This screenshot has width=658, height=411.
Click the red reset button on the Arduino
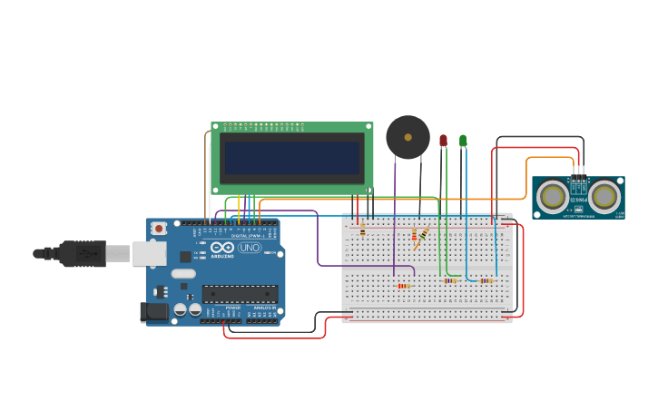[159, 229]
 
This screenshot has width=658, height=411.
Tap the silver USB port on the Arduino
[149, 253]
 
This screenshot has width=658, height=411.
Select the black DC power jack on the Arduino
[154, 312]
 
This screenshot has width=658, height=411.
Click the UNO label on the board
[249, 248]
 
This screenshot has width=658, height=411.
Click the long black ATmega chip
[240, 293]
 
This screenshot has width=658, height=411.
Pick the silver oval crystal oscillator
[183, 273]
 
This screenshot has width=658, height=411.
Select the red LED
[443, 141]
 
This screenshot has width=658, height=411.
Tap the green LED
[463, 141]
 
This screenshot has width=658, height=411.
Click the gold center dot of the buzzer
[408, 137]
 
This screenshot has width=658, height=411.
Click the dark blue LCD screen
[291, 157]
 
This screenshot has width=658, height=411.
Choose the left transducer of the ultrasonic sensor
[552, 196]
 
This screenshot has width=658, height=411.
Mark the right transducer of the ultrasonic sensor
[604, 196]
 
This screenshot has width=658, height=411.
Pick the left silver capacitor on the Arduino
[181, 310]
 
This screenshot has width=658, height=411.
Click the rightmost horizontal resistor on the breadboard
[486, 281]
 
